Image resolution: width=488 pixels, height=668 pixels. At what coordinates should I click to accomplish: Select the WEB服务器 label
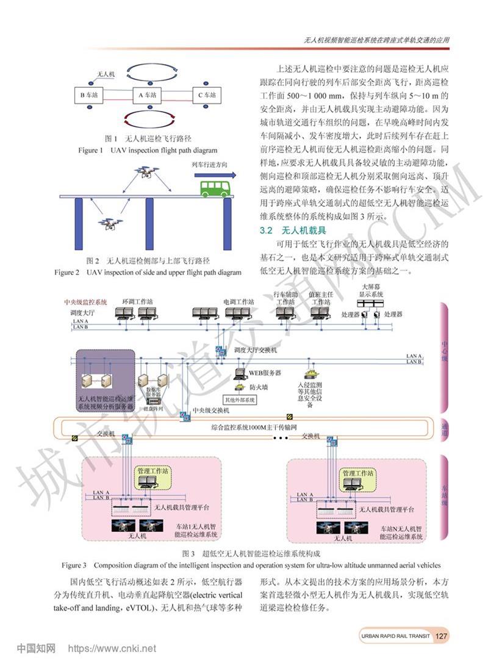[x=265, y=373]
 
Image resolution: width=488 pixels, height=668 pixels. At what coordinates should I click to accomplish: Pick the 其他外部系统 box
[x=240, y=400]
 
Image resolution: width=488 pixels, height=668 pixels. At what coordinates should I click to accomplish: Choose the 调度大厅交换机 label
[x=256, y=351]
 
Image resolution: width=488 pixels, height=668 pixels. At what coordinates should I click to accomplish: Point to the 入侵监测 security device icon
[x=310, y=373]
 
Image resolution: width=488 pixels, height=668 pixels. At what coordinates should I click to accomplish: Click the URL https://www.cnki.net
[x=112, y=648]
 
